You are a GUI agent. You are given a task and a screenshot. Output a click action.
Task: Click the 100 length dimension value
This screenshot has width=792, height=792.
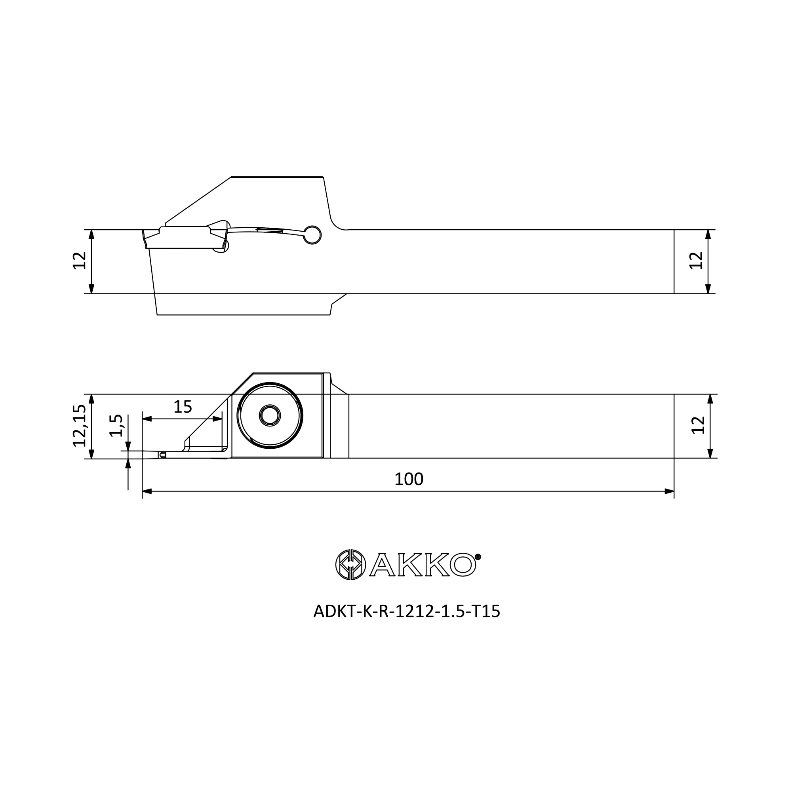[409, 479]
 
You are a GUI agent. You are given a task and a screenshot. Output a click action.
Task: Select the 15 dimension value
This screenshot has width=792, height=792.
[183, 407]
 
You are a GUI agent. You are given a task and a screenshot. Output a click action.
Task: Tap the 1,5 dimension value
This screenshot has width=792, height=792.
[116, 426]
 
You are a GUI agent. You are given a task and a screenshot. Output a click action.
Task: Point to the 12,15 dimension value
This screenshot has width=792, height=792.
[79, 426]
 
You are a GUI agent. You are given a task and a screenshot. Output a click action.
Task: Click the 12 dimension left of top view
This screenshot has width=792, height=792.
[79, 261]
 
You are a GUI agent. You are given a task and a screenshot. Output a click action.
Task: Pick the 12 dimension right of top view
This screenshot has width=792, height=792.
[696, 261]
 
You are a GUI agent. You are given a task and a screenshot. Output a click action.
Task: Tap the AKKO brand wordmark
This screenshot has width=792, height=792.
[423, 564]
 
